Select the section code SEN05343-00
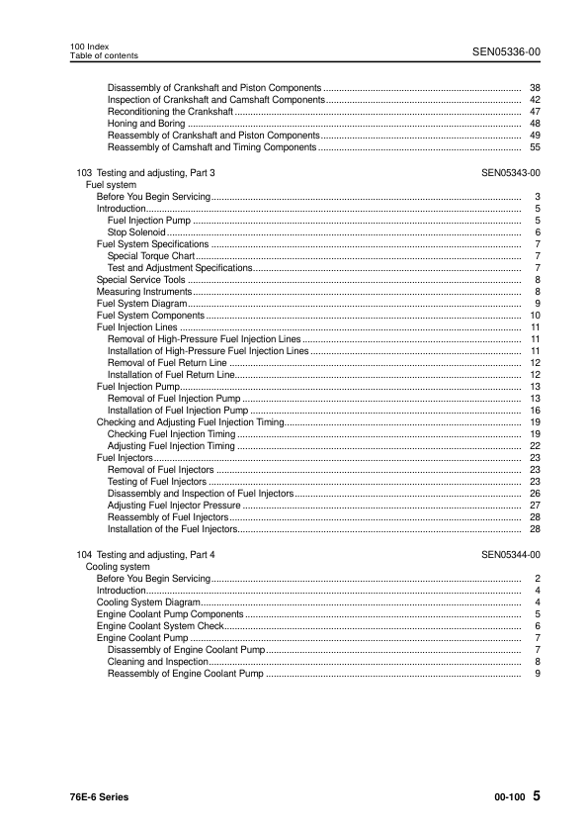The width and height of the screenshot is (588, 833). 510,173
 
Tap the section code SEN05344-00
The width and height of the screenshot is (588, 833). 510,556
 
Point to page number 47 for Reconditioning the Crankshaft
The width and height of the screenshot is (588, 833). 534,112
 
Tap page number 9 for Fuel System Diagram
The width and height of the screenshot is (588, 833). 536,304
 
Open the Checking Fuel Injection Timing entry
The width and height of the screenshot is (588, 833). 171,434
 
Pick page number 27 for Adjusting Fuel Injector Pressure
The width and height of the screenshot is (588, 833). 534,506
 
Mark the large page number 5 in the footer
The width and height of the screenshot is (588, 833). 535,795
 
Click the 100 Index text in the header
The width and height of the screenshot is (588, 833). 89,46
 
